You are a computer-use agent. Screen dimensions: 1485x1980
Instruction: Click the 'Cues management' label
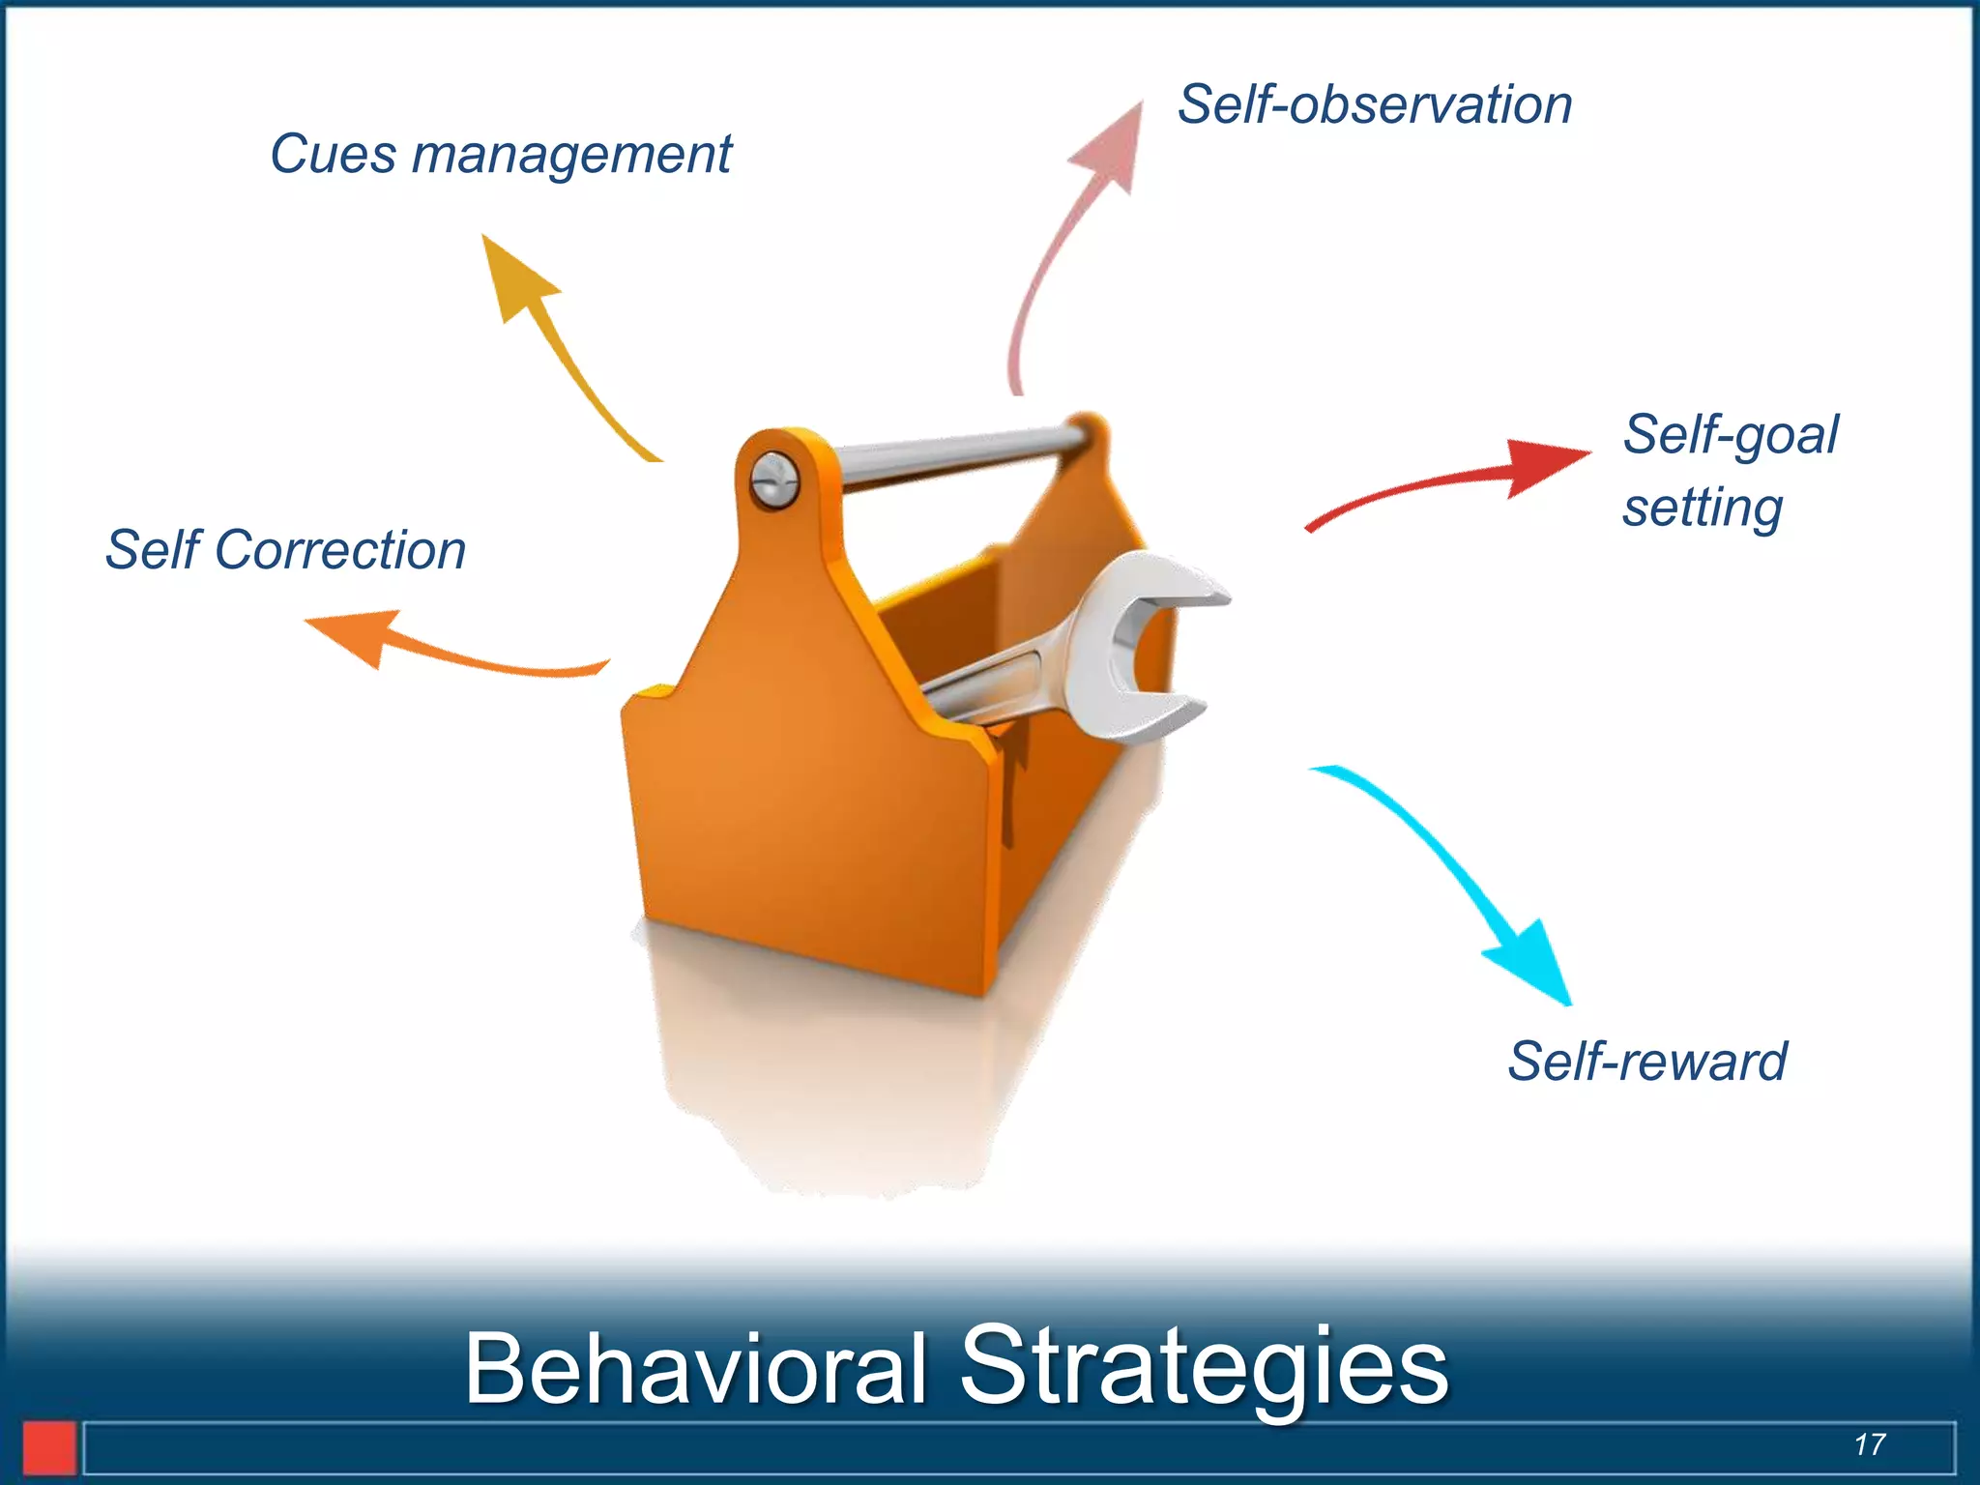pyautogui.click(x=500, y=155)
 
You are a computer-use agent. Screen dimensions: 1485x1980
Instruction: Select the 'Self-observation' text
pyautogui.click(x=1374, y=104)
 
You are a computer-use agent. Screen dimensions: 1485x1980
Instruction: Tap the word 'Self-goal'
pyautogui.click(x=1730, y=434)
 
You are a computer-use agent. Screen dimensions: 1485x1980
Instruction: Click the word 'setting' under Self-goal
pyautogui.click(x=1702, y=508)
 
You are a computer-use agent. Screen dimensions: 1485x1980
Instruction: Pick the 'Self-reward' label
pyautogui.click(x=1646, y=1062)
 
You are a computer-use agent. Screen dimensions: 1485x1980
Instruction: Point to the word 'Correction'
pyautogui.click(x=339, y=550)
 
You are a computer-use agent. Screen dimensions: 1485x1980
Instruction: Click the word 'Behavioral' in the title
pyautogui.click(x=695, y=1368)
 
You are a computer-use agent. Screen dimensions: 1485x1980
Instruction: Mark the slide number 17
pyautogui.click(x=1869, y=1444)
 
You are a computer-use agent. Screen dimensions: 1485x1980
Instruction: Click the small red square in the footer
pyautogui.click(x=49, y=1447)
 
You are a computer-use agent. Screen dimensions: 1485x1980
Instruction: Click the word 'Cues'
pyautogui.click(x=333, y=155)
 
